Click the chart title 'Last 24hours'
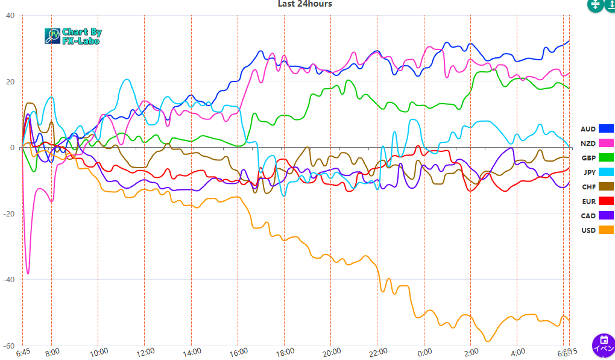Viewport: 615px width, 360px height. (304, 4)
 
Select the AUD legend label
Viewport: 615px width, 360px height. (588, 129)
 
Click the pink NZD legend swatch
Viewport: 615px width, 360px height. (606, 143)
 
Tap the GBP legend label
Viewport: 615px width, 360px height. (588, 158)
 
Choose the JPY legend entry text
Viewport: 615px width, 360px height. (588, 172)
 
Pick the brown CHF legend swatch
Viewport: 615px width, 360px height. (606, 186)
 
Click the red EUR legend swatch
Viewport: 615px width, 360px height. (606, 201)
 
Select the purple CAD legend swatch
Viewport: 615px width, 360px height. (606, 215)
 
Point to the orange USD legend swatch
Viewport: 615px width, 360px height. (606, 230)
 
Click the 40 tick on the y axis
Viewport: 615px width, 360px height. (10, 16)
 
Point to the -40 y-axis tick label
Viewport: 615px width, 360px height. (8, 280)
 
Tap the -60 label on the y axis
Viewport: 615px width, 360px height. (8, 346)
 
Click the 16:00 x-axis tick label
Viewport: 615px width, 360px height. (238, 352)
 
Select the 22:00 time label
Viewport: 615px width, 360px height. (377, 352)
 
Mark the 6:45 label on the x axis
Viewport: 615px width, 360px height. (23, 352)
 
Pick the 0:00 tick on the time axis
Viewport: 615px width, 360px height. (424, 352)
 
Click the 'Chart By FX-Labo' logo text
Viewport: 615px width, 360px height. (81, 36)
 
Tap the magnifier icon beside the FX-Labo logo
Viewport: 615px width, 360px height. (53, 36)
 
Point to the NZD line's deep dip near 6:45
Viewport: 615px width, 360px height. (28, 273)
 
